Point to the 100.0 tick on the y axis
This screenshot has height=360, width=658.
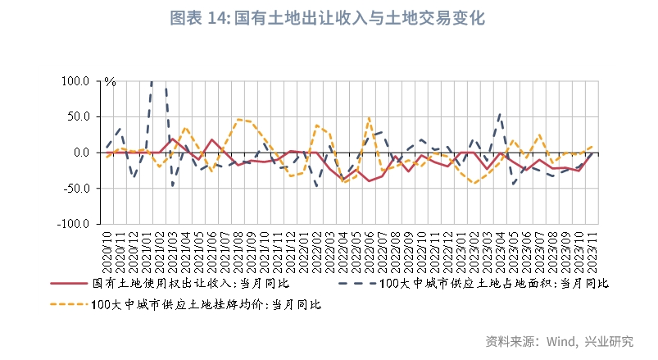pyautogui.click(x=75, y=81)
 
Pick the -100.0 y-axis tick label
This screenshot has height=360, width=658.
pyautogui.click(x=73, y=223)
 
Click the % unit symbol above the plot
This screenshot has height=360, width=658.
pyautogui.click(x=110, y=82)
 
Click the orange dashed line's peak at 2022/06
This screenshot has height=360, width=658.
pyautogui.click(x=370, y=117)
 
